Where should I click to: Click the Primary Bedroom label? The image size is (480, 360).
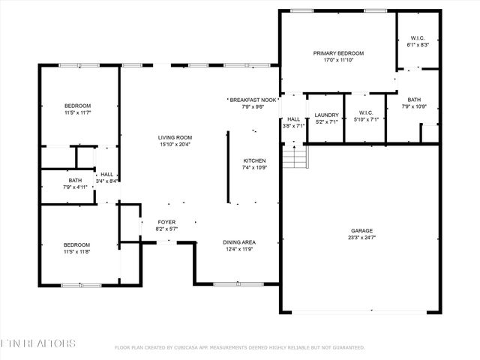[338, 54]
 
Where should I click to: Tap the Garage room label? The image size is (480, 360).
[361, 231]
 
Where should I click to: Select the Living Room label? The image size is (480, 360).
[175, 137]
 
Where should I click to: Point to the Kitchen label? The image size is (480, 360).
[254, 161]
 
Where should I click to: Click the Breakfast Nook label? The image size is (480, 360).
[253, 100]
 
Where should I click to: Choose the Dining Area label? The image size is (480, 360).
[239, 242]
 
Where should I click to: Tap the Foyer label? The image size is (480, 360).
[166, 222]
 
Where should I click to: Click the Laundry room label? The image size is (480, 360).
[326, 115]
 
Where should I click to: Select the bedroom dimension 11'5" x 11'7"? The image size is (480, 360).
[77, 112]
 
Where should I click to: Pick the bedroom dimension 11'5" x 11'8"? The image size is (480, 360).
[77, 253]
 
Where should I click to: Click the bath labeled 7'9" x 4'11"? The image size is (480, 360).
[75, 187]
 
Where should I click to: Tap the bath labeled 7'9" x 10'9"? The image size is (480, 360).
[414, 106]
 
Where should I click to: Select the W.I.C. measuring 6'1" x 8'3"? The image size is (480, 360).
[418, 45]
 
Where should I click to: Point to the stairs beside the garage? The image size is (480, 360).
[297, 157]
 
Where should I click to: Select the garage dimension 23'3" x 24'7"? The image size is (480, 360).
[361, 238]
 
